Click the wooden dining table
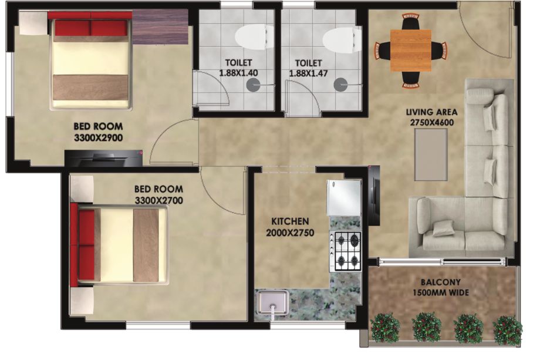(x=410, y=51)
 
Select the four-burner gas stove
(x=345, y=251)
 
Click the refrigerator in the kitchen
(x=344, y=197)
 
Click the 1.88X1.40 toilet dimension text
(x=238, y=73)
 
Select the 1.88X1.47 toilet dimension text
(x=308, y=73)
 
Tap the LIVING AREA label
(x=431, y=112)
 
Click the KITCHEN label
(x=290, y=221)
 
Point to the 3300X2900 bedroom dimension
(x=99, y=138)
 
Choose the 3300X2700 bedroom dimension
(x=158, y=200)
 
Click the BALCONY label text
(x=440, y=282)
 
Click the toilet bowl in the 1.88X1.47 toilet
(x=342, y=41)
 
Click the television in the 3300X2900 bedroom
(x=103, y=159)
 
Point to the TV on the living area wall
(x=374, y=196)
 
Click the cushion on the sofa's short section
(x=443, y=228)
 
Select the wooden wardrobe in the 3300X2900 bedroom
(x=160, y=26)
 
